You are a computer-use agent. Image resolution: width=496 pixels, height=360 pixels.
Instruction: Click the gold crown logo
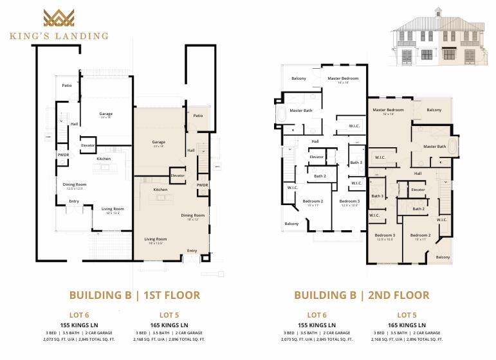[59, 18]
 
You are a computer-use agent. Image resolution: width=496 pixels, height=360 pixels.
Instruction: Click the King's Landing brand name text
[59, 36]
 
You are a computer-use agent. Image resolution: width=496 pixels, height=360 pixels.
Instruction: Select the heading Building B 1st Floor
[134, 296]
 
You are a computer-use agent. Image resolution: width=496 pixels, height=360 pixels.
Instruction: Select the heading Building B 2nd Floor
[361, 296]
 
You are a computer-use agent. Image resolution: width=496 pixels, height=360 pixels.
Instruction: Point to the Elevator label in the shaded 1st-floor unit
[178, 175]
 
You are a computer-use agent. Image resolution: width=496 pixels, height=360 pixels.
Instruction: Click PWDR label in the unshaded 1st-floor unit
[63, 154]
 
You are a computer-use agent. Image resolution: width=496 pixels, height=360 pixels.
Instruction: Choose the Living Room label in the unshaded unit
[113, 209]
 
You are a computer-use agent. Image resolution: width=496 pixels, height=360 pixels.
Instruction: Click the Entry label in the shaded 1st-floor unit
[192, 251]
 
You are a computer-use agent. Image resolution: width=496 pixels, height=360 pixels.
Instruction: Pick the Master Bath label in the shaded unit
[434, 147]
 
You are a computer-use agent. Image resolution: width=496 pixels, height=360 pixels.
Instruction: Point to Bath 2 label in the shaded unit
[418, 209]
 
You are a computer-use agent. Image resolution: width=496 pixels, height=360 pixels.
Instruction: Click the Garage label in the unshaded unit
[106, 114]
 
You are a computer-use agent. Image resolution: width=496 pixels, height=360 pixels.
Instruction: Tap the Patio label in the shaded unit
[197, 116]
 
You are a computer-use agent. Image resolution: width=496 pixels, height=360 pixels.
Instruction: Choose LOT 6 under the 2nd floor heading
[317, 315]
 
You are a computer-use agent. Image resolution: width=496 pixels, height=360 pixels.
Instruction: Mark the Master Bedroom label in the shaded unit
[388, 110]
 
